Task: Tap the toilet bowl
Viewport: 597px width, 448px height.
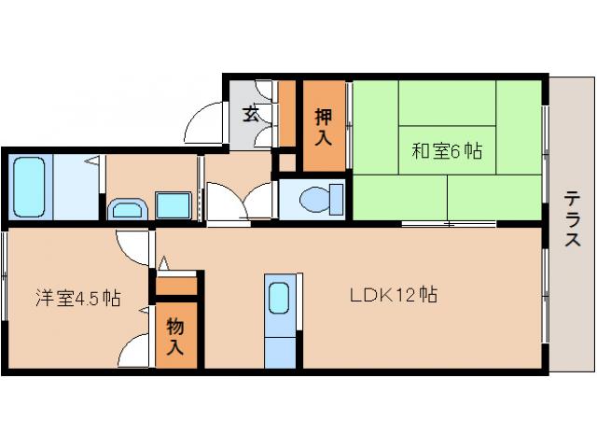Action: pyautogui.click(x=315, y=199)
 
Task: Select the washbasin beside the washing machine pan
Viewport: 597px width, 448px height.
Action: pyautogui.click(x=128, y=207)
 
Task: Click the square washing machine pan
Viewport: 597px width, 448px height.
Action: pyautogui.click(x=173, y=204)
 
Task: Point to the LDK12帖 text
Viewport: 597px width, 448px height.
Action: pyautogui.click(x=394, y=296)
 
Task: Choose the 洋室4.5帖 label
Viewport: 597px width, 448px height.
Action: pyautogui.click(x=77, y=299)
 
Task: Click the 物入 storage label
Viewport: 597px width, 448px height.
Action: pyautogui.click(x=174, y=337)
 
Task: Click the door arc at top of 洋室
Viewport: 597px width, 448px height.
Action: pyautogui.click(x=132, y=245)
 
